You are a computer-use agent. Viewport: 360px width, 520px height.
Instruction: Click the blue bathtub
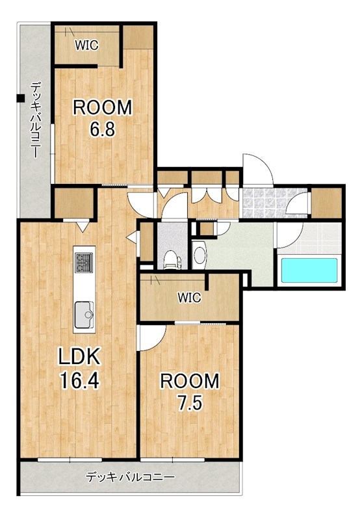[x=309, y=270]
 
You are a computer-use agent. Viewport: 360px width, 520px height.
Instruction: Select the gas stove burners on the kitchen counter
[x=84, y=263]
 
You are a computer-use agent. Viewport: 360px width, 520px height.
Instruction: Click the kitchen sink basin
[x=84, y=315]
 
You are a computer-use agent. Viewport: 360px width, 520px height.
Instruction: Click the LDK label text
[x=79, y=356]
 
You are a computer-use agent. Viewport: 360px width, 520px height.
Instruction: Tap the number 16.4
[x=79, y=380]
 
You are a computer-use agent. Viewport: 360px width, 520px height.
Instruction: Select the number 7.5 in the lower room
[x=190, y=403]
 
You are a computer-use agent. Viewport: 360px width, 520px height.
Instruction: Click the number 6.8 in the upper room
[x=103, y=129]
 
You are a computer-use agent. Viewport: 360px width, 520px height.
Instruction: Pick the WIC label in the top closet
[x=86, y=45]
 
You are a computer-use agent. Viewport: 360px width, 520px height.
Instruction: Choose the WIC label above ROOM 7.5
[x=189, y=298]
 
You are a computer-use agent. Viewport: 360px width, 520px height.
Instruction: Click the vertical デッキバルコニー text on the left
[x=36, y=120]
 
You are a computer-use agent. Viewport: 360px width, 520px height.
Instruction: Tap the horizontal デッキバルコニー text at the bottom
[x=130, y=478]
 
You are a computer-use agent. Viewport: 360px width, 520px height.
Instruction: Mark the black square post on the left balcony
[x=21, y=98]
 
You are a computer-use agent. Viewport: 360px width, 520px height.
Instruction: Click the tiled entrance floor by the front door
[x=275, y=203]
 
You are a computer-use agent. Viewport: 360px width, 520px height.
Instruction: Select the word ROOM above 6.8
[x=103, y=107]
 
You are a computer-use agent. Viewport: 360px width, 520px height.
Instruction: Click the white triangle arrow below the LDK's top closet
[x=83, y=227]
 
